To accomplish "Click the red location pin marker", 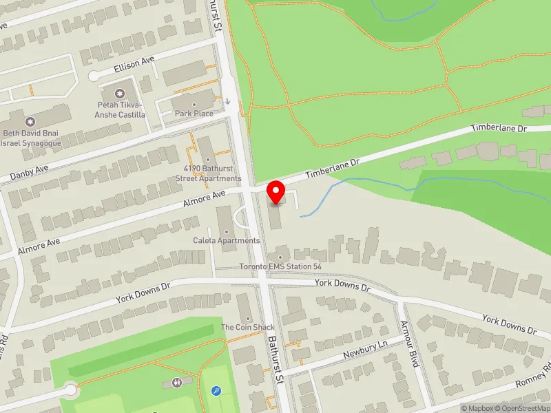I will pos(276,192).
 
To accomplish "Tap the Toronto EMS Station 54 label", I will pos(280,266).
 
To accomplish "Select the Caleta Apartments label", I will pos(227,241).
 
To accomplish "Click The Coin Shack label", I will pos(247,327).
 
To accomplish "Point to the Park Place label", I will pos(194,113).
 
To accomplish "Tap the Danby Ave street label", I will pos(29,172).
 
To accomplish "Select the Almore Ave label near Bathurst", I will pos(205,200).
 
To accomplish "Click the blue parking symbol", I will pos(216,391).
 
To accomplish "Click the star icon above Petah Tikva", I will pos(121,93).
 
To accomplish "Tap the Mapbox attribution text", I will pos(476,408).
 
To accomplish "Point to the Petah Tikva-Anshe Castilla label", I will pos(121,109).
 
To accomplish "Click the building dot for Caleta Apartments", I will pos(226,231).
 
